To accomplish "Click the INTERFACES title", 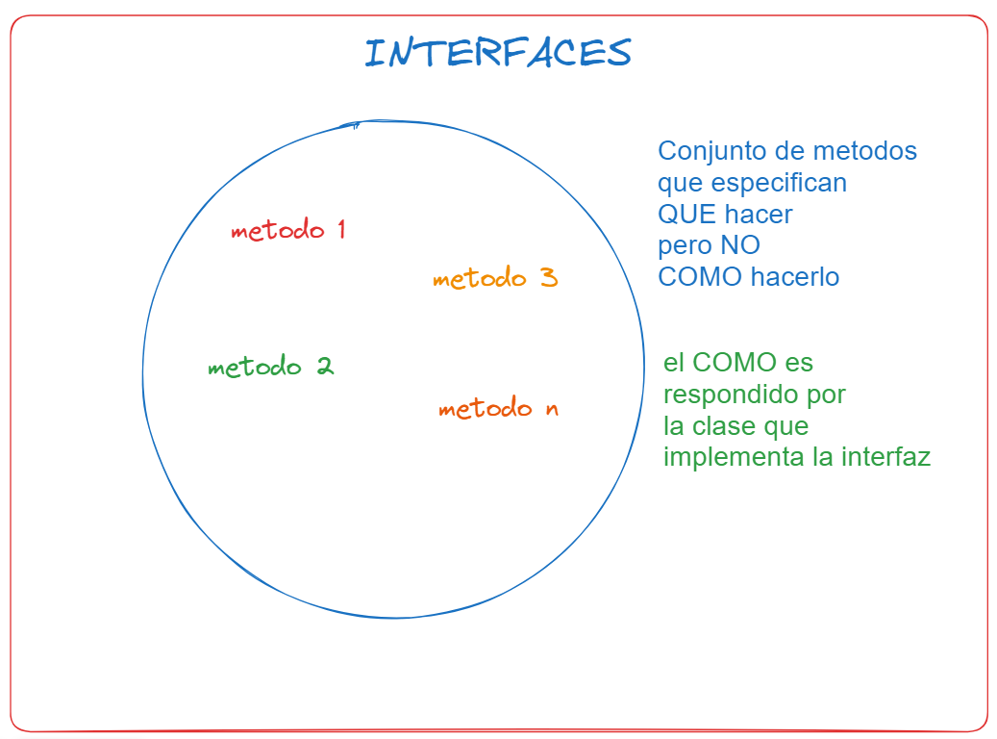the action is tap(498, 52).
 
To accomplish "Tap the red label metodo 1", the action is tap(288, 229).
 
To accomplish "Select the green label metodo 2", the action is tap(271, 366).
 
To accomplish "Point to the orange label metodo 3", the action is tap(495, 277).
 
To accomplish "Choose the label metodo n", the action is tap(498, 407).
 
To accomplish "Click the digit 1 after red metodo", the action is tap(341, 228).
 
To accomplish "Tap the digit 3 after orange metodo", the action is tap(549, 277).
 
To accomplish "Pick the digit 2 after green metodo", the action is tap(326, 366).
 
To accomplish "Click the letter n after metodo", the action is tap(552, 409).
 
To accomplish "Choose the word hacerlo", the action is tap(795, 277).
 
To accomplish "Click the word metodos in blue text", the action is tap(864, 151).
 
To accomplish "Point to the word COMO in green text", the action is tap(735, 363).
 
